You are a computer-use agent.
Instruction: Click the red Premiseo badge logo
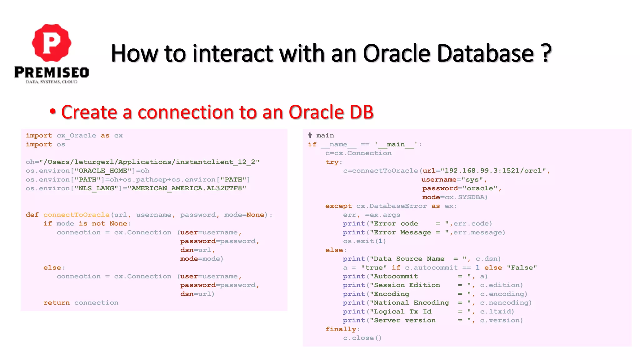point(52,42)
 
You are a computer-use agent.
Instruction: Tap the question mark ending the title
point(546,53)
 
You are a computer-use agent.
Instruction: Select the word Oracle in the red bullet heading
point(316,112)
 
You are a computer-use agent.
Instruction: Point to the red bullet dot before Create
point(53,111)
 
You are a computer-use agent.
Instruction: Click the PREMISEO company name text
point(52,72)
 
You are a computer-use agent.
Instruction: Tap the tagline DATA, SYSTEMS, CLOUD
point(52,82)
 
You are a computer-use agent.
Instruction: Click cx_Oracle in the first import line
point(76,136)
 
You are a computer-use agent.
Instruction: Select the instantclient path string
point(151,162)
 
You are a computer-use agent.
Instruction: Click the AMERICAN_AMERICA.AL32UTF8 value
point(188,188)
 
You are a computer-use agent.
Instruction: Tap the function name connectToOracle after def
point(76,215)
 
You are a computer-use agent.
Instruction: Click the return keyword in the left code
point(57,303)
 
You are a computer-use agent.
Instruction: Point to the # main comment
point(321,136)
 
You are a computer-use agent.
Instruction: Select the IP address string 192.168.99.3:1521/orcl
point(493,171)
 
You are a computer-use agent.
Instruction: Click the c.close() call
point(362,338)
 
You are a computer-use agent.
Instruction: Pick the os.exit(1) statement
point(364,241)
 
